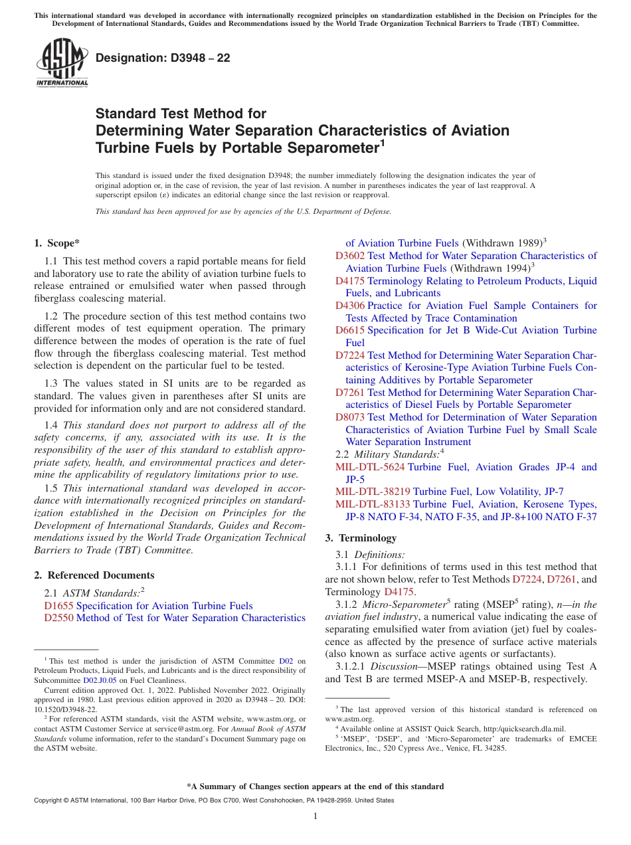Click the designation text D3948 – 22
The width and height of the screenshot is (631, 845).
tap(163, 58)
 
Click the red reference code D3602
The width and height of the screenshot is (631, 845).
tap(350, 256)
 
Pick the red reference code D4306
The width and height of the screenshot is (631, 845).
tap(350, 306)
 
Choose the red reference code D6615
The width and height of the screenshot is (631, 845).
tap(350, 330)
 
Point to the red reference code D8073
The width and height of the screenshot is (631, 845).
tap(350, 417)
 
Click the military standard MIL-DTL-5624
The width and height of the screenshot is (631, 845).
tap(370, 467)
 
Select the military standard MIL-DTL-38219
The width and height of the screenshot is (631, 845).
tap(373, 492)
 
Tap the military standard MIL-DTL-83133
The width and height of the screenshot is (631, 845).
tap(373, 504)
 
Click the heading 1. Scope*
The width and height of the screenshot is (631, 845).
tap(58, 243)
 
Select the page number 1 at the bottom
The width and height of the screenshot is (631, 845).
tap(315, 816)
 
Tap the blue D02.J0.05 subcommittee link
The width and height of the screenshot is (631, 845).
tap(100, 680)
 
